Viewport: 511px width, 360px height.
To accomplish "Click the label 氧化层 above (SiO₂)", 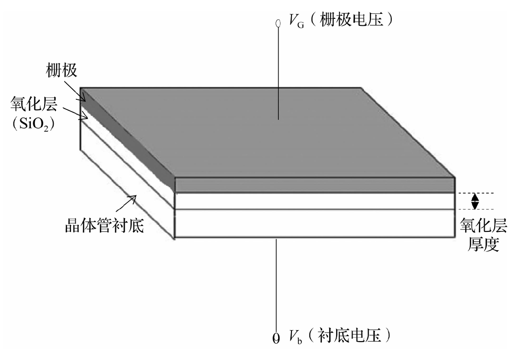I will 34,104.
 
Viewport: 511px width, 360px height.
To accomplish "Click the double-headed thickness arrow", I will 475,201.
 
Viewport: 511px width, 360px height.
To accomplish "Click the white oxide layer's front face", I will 315,201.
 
